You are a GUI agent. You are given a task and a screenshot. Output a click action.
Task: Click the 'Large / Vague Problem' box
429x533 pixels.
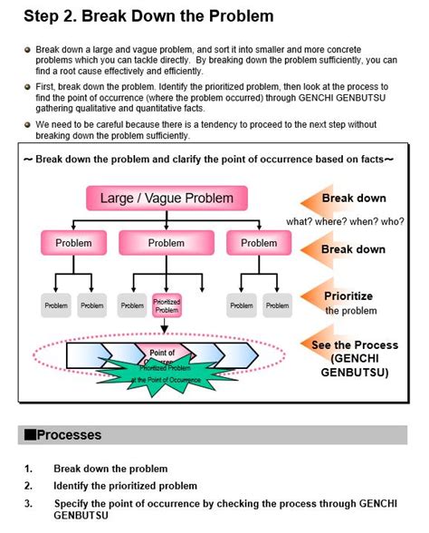coord(166,198)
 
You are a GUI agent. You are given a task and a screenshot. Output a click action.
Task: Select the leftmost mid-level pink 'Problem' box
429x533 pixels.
coord(73,243)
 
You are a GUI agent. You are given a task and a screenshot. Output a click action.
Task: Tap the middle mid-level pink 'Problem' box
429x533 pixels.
coord(166,243)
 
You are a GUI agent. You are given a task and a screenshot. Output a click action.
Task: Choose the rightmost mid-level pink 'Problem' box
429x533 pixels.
coord(259,243)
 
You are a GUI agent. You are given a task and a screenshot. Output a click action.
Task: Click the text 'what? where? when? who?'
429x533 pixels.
coord(345,221)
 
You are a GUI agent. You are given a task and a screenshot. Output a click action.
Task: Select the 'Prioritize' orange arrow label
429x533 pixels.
coord(348,296)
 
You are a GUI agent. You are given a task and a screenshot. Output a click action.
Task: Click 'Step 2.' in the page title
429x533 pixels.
coord(52,15)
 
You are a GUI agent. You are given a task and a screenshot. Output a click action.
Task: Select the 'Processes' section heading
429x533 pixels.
coord(69,435)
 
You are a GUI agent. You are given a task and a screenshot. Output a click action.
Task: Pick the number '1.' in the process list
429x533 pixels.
coord(29,469)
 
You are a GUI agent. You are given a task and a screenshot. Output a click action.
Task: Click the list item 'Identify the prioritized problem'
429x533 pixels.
coord(125,486)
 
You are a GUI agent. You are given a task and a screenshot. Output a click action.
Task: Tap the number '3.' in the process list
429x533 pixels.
coord(29,502)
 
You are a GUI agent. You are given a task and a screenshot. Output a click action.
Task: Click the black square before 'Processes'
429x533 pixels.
coord(30,435)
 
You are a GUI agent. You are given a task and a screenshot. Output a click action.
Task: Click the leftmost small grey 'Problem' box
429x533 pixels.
coord(56,305)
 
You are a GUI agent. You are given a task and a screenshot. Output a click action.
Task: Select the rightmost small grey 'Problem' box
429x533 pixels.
coord(277,305)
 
